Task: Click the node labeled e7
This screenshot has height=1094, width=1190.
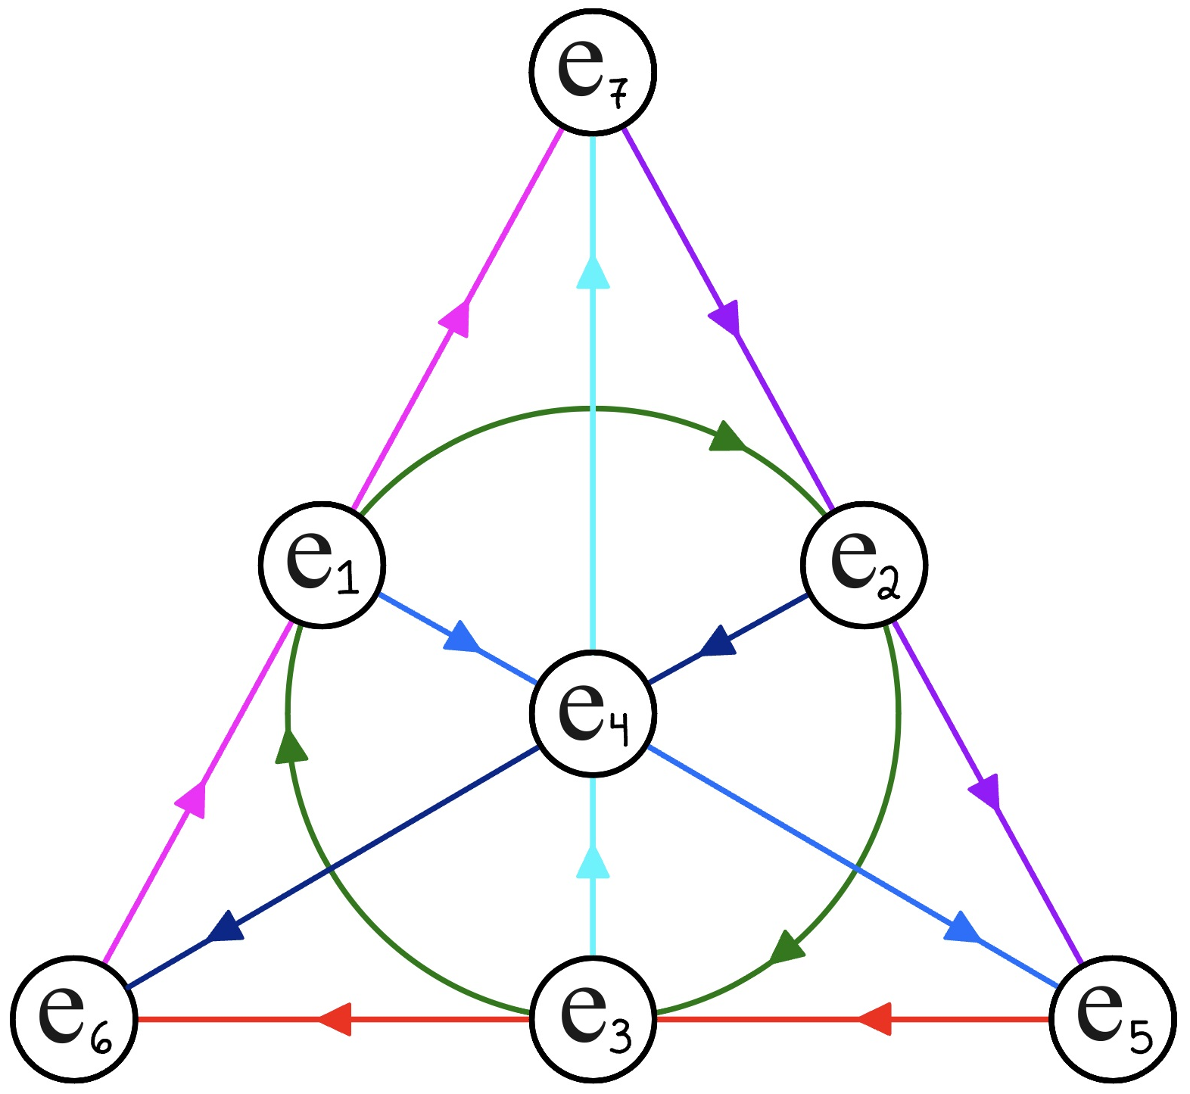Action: [592, 71]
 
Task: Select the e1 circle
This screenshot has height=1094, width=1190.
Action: [322, 564]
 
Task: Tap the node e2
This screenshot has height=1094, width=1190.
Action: [864, 564]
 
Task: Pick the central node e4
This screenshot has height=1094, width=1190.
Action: [592, 712]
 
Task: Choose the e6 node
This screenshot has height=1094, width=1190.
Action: [74, 1018]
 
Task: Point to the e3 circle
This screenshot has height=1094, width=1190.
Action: [592, 1018]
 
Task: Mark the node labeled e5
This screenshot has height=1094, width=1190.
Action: [1112, 1018]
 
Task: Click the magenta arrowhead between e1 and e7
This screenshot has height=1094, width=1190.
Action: [456, 318]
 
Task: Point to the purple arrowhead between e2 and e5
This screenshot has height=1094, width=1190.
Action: [985, 792]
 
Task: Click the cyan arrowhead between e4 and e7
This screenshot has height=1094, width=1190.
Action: [593, 273]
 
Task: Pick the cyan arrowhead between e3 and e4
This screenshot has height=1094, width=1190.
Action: [593, 863]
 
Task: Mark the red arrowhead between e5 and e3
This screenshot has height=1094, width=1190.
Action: [874, 1018]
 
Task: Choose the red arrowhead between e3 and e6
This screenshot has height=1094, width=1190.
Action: [335, 1018]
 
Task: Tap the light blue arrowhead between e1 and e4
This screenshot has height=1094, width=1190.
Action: [461, 637]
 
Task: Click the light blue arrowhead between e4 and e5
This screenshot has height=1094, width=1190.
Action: [961, 927]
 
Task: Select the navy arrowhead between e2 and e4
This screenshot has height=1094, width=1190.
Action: [718, 642]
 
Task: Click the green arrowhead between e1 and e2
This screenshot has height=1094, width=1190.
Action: [727, 437]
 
